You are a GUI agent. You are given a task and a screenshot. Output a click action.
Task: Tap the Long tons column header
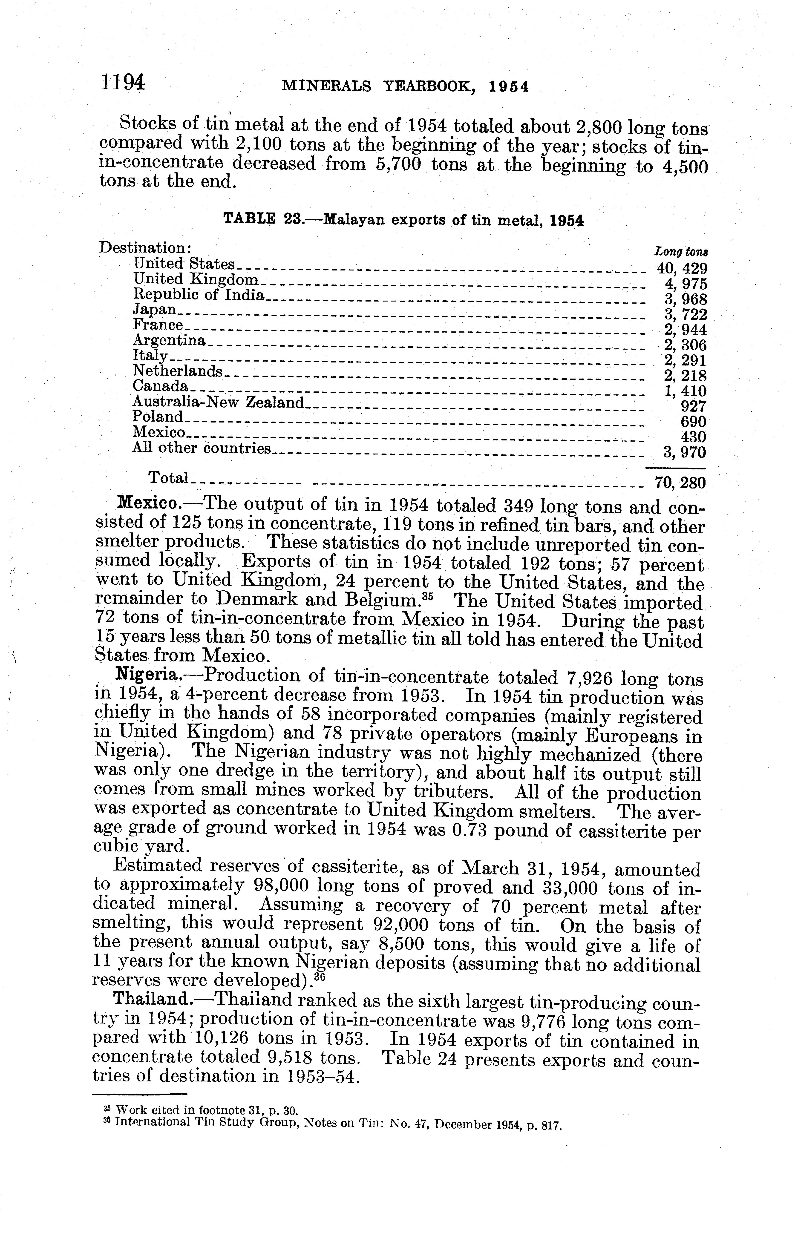(x=681, y=252)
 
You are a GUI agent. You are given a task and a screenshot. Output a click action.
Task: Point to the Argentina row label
(x=169, y=340)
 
